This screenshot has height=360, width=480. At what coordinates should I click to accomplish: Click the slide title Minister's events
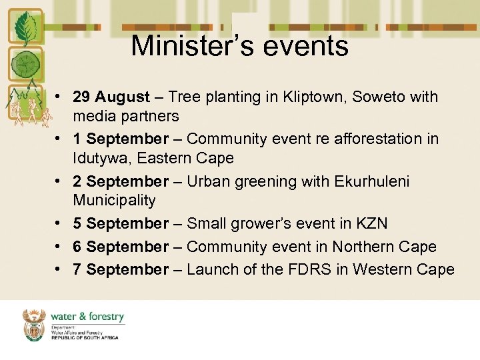click(239, 46)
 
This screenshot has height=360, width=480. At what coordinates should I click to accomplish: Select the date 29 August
click(111, 97)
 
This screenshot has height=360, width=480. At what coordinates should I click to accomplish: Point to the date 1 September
click(121, 139)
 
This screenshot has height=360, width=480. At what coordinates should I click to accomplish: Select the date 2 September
click(121, 182)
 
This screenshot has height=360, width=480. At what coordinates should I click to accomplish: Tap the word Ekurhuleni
click(372, 182)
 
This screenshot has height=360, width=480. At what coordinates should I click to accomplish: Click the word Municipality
click(114, 201)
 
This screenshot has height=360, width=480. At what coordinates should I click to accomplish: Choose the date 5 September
click(121, 224)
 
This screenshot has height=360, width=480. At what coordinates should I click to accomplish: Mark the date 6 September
click(121, 247)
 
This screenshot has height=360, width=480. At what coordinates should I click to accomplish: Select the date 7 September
click(121, 270)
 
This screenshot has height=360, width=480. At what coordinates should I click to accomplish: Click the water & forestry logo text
click(87, 317)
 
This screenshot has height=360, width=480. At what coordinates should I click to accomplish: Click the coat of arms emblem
click(34, 324)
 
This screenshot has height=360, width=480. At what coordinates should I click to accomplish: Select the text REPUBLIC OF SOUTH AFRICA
click(85, 338)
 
